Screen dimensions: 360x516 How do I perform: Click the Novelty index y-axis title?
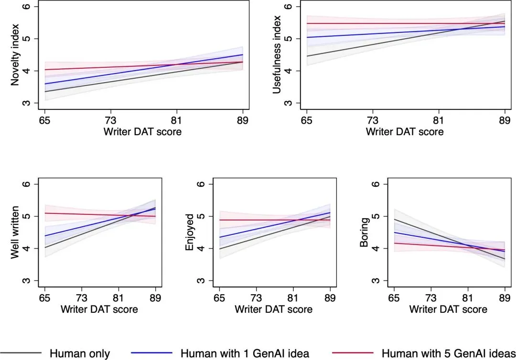(x=15, y=55)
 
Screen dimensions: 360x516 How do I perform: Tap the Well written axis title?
(x=15, y=233)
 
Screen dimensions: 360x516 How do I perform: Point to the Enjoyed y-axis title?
(x=190, y=233)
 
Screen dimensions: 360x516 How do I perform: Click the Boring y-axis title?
(x=365, y=233)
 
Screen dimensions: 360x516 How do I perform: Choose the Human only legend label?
(x=80, y=353)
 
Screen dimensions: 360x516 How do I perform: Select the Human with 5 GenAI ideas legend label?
(x=448, y=353)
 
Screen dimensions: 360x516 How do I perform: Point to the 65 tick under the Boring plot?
(x=394, y=297)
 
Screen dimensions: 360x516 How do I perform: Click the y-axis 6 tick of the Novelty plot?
(x=27, y=7)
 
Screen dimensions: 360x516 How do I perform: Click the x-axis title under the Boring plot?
(x=448, y=309)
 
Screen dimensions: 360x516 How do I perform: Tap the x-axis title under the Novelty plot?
(x=142, y=132)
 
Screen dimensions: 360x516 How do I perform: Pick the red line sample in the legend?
(x=352, y=353)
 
